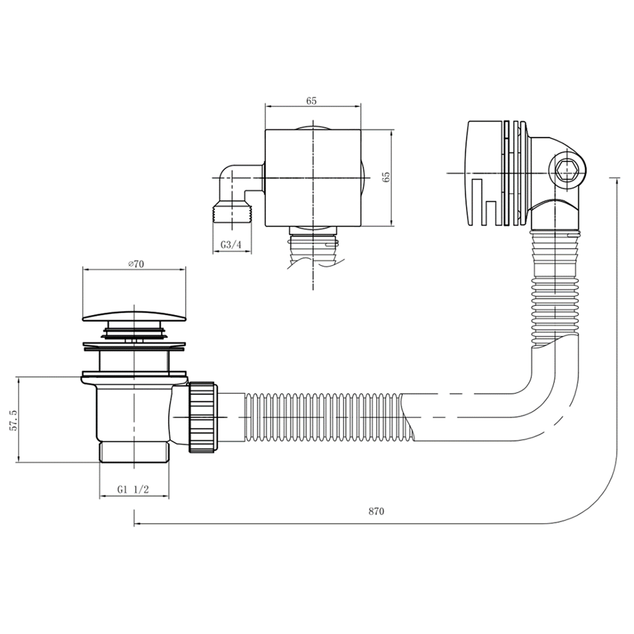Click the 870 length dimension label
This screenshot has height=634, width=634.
tap(376, 511)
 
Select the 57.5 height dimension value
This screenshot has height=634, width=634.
tap(14, 419)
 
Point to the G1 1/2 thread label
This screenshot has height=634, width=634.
tap(133, 489)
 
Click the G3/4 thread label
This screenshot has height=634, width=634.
tap(231, 244)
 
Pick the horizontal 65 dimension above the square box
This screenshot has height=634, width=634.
tap(312, 101)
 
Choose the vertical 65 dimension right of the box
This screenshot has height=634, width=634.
tap(386, 177)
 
